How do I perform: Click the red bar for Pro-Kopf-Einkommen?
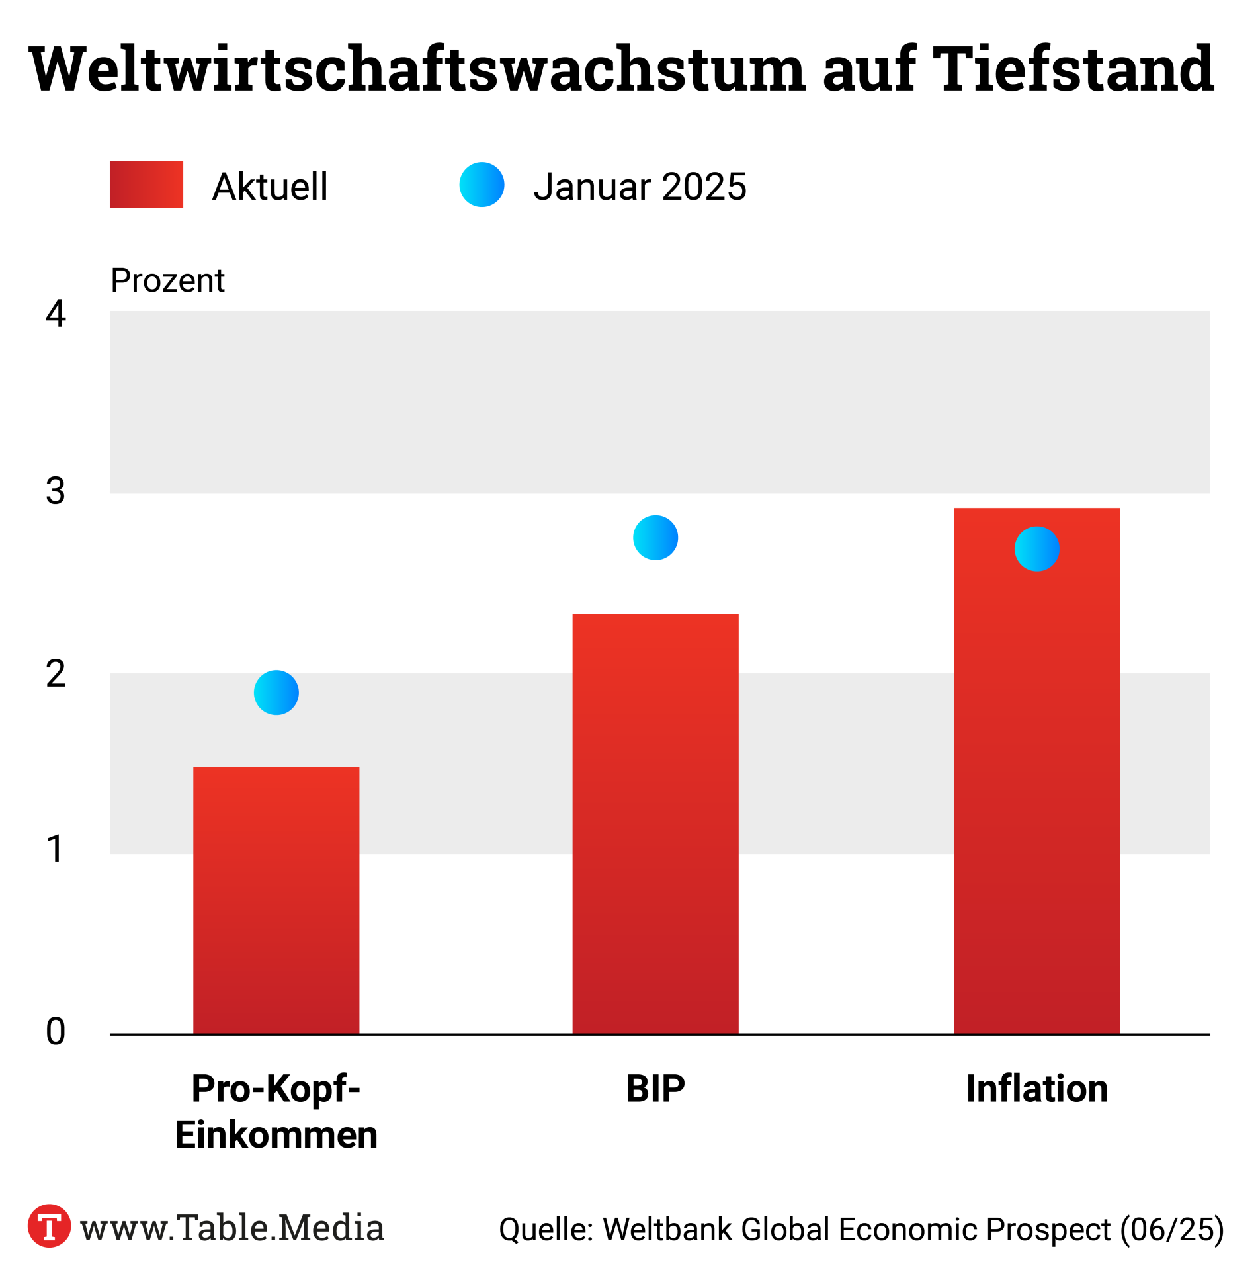tap(276, 900)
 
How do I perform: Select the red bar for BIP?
tap(655, 824)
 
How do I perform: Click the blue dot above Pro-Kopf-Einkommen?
tap(276, 692)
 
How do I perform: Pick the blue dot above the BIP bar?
tap(655, 537)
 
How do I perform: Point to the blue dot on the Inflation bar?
tap(1036, 548)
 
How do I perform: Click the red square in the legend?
tap(146, 185)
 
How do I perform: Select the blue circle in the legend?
tap(482, 185)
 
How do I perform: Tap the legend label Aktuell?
tap(270, 187)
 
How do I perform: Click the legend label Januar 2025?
tap(640, 187)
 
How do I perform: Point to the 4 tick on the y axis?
tap(56, 313)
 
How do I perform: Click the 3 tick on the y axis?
tap(56, 491)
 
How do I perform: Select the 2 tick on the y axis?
tap(56, 674)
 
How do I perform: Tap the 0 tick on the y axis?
tap(56, 1031)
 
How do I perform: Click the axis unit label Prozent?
tap(167, 280)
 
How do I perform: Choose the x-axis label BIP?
tap(655, 1088)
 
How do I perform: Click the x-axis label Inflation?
tap(1036, 1088)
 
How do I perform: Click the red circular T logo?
tap(49, 1226)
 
